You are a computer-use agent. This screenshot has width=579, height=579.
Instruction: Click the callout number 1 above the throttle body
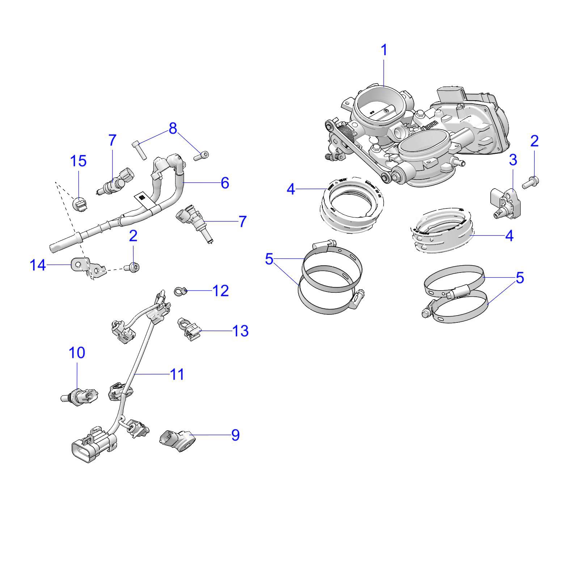(384, 50)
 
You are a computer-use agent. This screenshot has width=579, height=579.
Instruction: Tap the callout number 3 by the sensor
(513, 160)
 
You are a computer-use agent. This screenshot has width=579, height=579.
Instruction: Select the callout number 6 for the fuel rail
(225, 183)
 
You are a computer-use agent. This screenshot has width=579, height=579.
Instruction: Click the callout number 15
(78, 161)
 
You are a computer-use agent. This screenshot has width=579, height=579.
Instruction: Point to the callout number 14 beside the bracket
(38, 265)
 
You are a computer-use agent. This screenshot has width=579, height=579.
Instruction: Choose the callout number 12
(220, 291)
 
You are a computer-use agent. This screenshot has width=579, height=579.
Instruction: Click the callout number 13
(240, 331)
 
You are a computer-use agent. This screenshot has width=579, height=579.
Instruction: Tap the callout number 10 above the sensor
(77, 352)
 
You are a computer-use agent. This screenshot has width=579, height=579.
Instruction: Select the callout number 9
(235, 435)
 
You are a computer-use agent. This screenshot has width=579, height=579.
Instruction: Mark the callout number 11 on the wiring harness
(177, 374)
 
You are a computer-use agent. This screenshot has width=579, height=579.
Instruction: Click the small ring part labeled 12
(180, 291)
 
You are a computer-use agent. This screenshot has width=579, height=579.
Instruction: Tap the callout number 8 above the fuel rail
(173, 128)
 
